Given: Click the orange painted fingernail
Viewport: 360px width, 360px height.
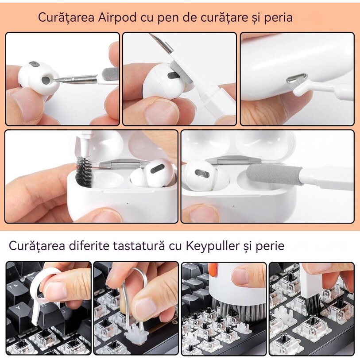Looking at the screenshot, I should point(213,268).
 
